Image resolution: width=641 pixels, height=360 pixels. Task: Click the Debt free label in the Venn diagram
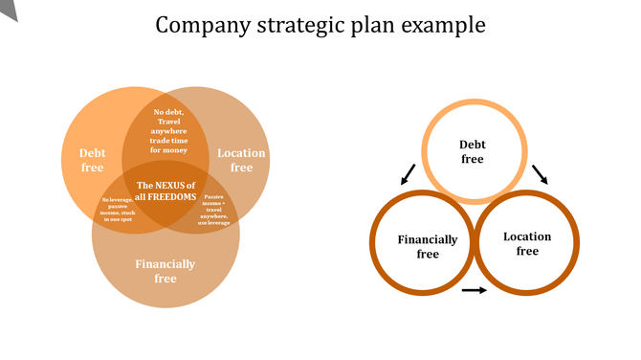point(93,160)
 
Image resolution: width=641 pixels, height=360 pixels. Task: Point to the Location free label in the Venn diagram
point(241,160)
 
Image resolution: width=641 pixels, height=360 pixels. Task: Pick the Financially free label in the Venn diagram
point(166,271)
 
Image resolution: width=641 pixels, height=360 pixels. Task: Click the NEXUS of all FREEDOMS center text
point(166,191)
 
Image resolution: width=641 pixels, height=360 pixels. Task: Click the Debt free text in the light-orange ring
point(473,151)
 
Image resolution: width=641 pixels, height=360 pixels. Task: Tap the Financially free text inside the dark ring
point(428,247)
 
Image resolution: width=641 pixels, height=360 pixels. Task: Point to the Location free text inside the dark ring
point(527,243)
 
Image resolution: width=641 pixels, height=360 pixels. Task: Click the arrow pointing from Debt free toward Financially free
point(408,174)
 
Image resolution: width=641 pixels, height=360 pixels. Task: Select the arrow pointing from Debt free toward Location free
point(541,173)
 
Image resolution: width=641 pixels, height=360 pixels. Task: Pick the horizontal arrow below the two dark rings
point(474,289)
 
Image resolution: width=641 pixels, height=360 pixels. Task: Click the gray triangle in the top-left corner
point(9,9)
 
